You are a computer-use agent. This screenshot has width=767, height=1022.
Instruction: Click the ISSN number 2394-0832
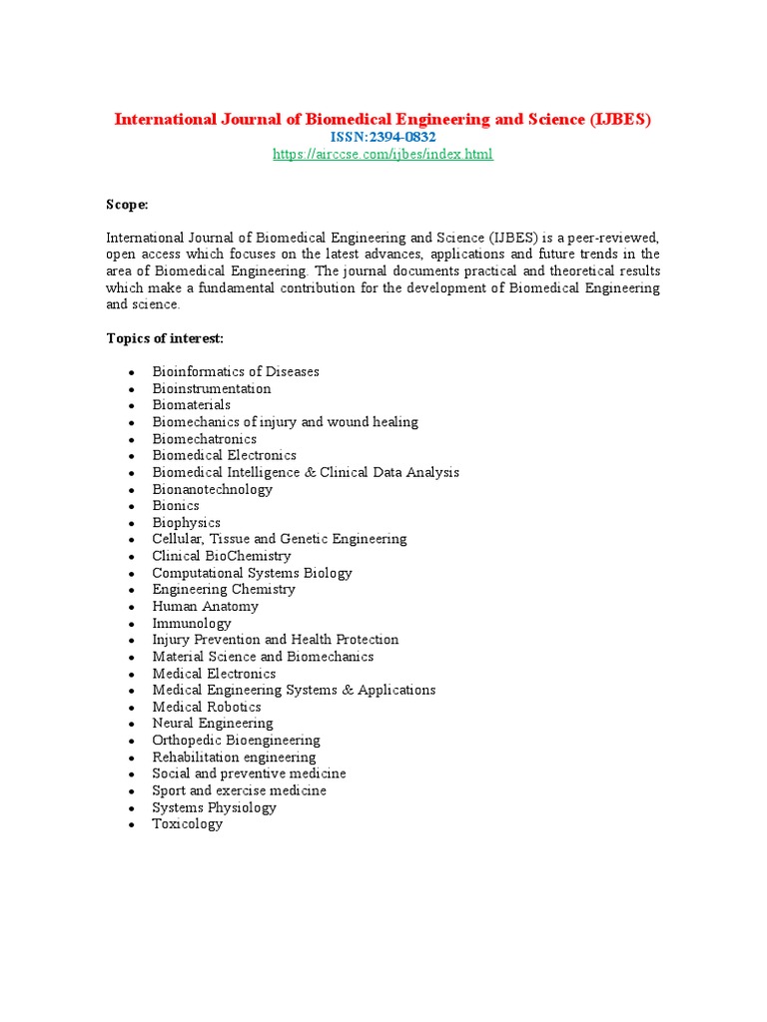tap(383, 137)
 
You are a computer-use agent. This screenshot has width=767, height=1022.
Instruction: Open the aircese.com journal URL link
tap(383, 154)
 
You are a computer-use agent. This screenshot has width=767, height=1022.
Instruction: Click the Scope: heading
tap(128, 205)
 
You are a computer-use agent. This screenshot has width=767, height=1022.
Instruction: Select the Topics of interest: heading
tap(165, 338)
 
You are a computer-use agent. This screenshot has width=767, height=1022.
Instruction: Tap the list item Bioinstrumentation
tap(211, 388)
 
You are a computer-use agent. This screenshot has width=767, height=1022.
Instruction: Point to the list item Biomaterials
tap(191, 405)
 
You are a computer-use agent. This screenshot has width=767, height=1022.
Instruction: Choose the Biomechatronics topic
tap(204, 439)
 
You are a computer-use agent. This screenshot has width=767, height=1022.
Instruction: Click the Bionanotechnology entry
tap(212, 489)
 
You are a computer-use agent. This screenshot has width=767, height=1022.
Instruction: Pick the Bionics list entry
tap(176, 506)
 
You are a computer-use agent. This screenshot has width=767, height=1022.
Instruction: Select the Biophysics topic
tap(186, 523)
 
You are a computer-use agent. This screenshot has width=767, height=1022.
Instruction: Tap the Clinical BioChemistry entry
tap(222, 556)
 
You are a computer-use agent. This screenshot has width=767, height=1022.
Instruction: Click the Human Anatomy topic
tap(205, 606)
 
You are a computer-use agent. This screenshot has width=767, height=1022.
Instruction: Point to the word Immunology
tap(191, 623)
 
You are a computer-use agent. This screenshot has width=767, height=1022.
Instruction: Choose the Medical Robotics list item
tap(207, 707)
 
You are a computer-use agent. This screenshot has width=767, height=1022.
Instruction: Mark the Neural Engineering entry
tap(212, 724)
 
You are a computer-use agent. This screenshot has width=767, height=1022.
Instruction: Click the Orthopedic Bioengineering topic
tap(236, 741)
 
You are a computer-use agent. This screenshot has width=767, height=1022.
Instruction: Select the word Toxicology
tap(187, 824)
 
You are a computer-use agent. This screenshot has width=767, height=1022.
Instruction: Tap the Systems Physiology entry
tap(214, 807)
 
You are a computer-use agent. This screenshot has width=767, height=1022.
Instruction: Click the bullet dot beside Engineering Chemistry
tap(131, 590)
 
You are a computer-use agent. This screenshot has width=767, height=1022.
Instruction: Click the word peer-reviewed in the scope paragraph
tap(611, 238)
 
